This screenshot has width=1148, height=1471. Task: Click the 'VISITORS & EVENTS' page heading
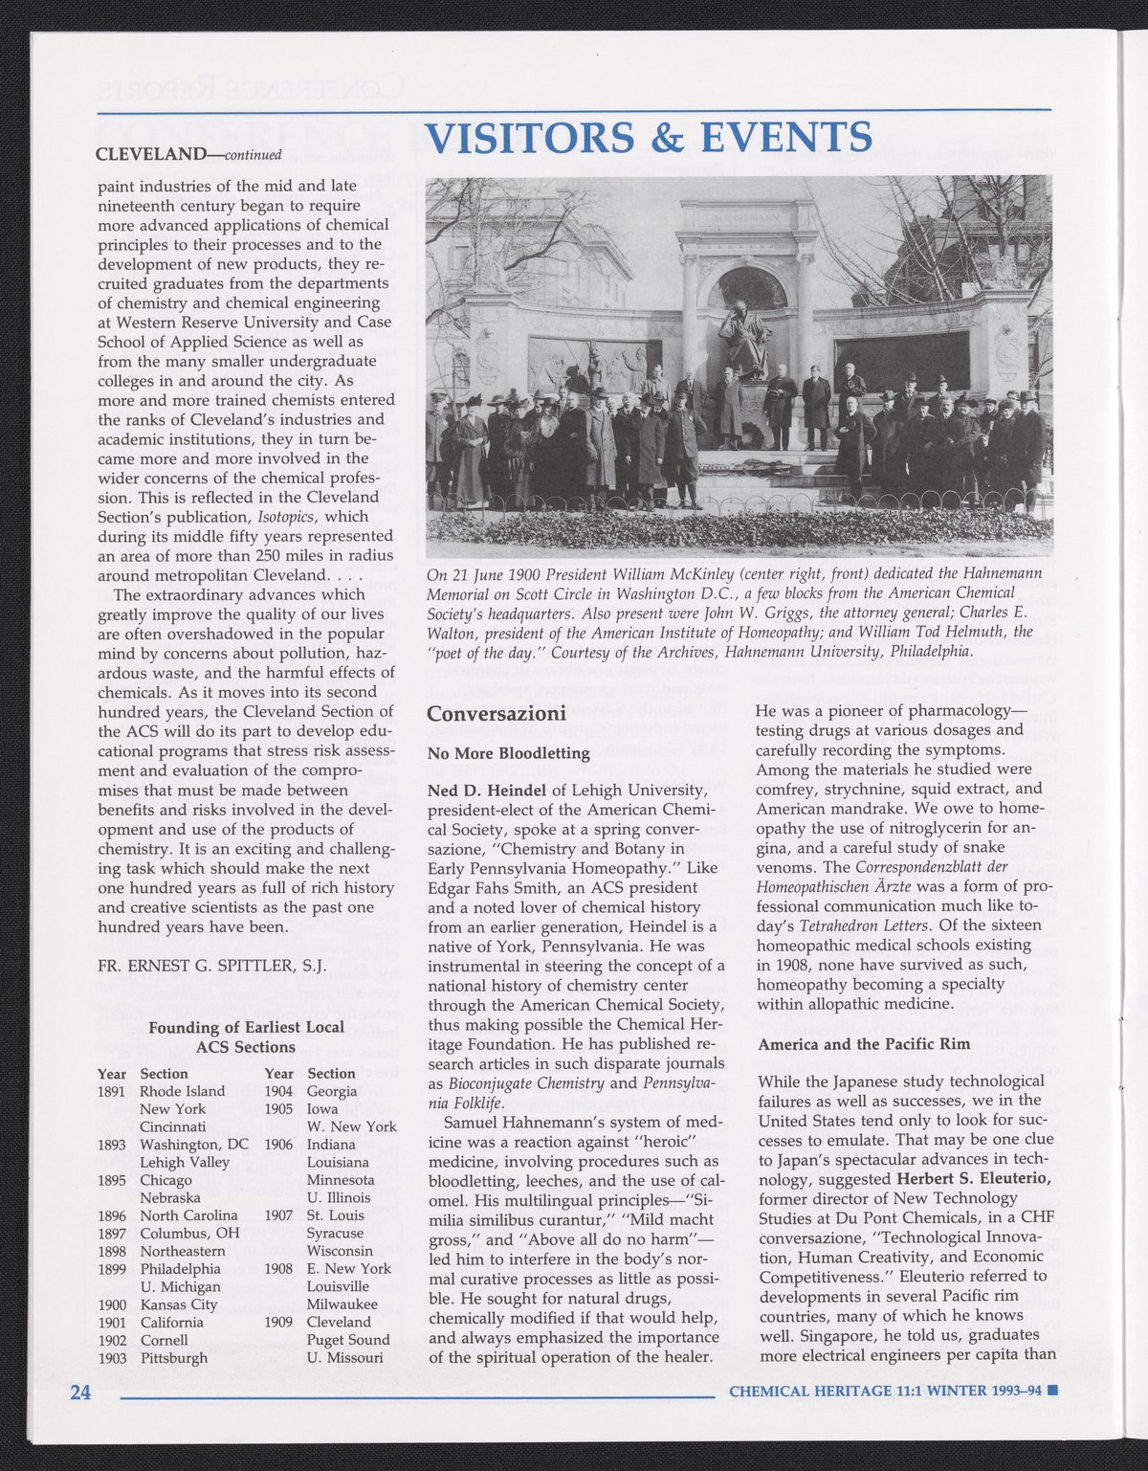click(648, 138)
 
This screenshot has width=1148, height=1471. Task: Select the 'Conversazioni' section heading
click(497, 714)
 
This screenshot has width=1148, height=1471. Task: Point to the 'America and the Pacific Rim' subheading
click(850, 1044)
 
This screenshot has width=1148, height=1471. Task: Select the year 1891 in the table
click(113, 1091)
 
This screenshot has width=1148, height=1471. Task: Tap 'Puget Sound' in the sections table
click(348, 1340)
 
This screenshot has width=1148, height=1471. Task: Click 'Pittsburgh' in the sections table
click(173, 1358)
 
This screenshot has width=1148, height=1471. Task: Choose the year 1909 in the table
click(278, 1322)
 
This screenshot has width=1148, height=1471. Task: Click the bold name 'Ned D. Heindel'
click(487, 790)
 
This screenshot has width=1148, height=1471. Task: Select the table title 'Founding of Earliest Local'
click(246, 1029)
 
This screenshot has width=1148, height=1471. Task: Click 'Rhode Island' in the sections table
click(183, 1091)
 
